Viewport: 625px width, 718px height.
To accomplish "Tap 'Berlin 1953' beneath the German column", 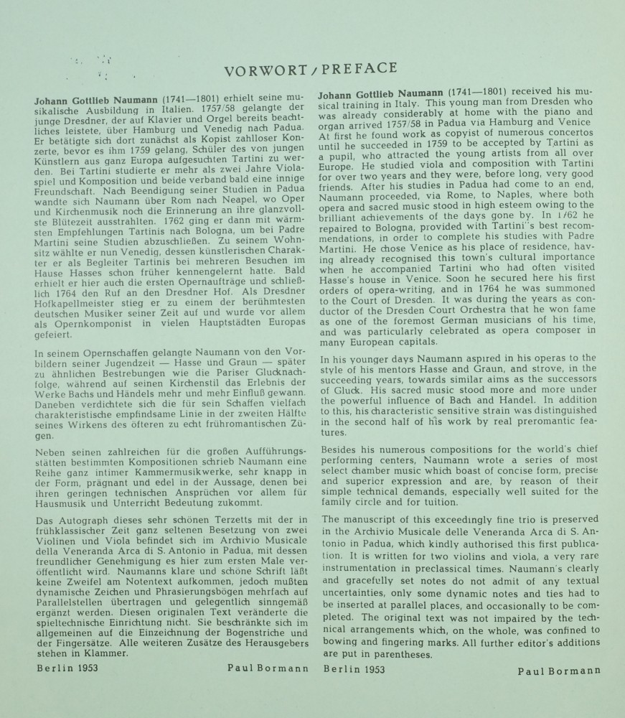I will (x=67, y=667).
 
